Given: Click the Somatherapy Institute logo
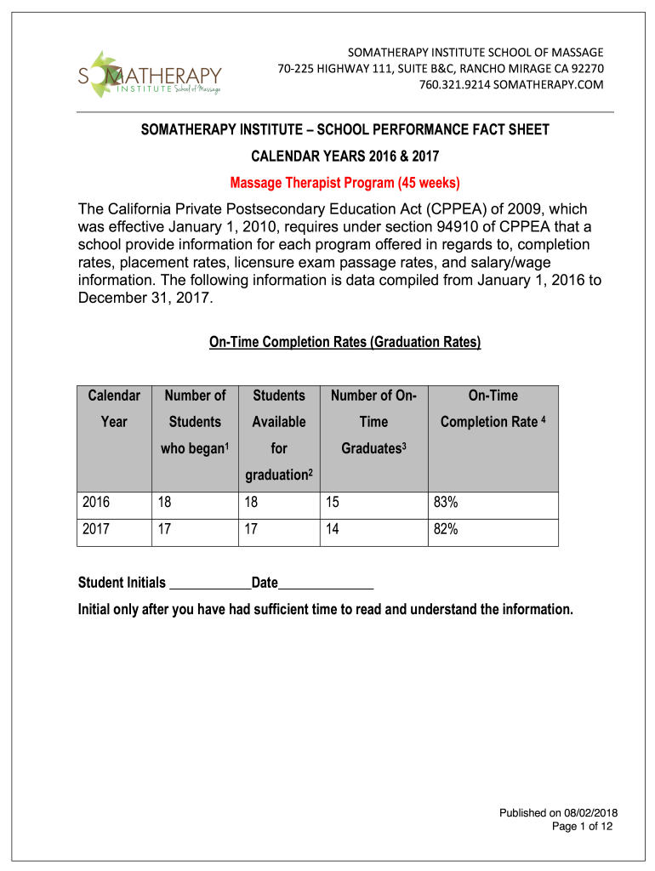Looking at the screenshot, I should pos(149,75).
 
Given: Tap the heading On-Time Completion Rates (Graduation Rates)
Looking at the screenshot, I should pos(345,343).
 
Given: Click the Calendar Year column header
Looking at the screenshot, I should pos(114,408).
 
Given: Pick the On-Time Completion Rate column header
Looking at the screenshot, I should pos(493,408).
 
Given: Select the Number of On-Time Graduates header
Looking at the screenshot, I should pos(373,421).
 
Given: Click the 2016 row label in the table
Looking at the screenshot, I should pos(96,503).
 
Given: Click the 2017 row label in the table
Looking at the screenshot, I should pos(96,529).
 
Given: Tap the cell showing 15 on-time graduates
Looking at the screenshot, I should pos(332,503).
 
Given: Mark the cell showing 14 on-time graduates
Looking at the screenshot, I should pos(332,529).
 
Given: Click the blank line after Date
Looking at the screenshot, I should pos(326,585).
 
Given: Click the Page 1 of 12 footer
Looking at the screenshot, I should pos(583,826).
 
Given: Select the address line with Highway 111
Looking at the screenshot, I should pos(440,68).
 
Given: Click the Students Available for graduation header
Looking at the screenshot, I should pos(279,434).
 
